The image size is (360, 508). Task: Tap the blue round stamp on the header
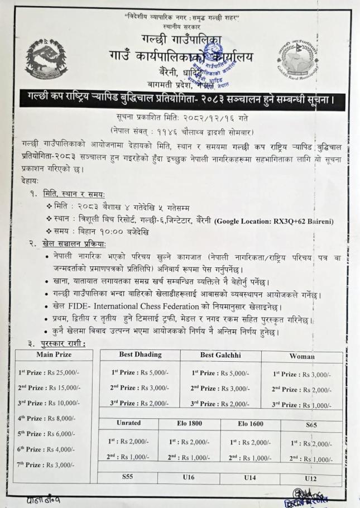click(x=218, y=66)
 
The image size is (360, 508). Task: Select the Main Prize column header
click(x=55, y=354)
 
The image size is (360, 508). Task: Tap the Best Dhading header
click(x=140, y=354)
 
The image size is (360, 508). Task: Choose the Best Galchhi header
click(x=220, y=354)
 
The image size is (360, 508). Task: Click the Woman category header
click(x=301, y=356)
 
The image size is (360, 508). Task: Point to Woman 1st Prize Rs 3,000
click(x=301, y=374)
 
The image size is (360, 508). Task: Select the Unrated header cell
click(x=129, y=424)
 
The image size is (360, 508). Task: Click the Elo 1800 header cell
click(x=189, y=424)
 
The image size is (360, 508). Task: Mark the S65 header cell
click(x=311, y=425)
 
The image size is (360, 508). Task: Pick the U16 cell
click(x=189, y=477)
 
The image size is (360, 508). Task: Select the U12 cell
click(x=311, y=478)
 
